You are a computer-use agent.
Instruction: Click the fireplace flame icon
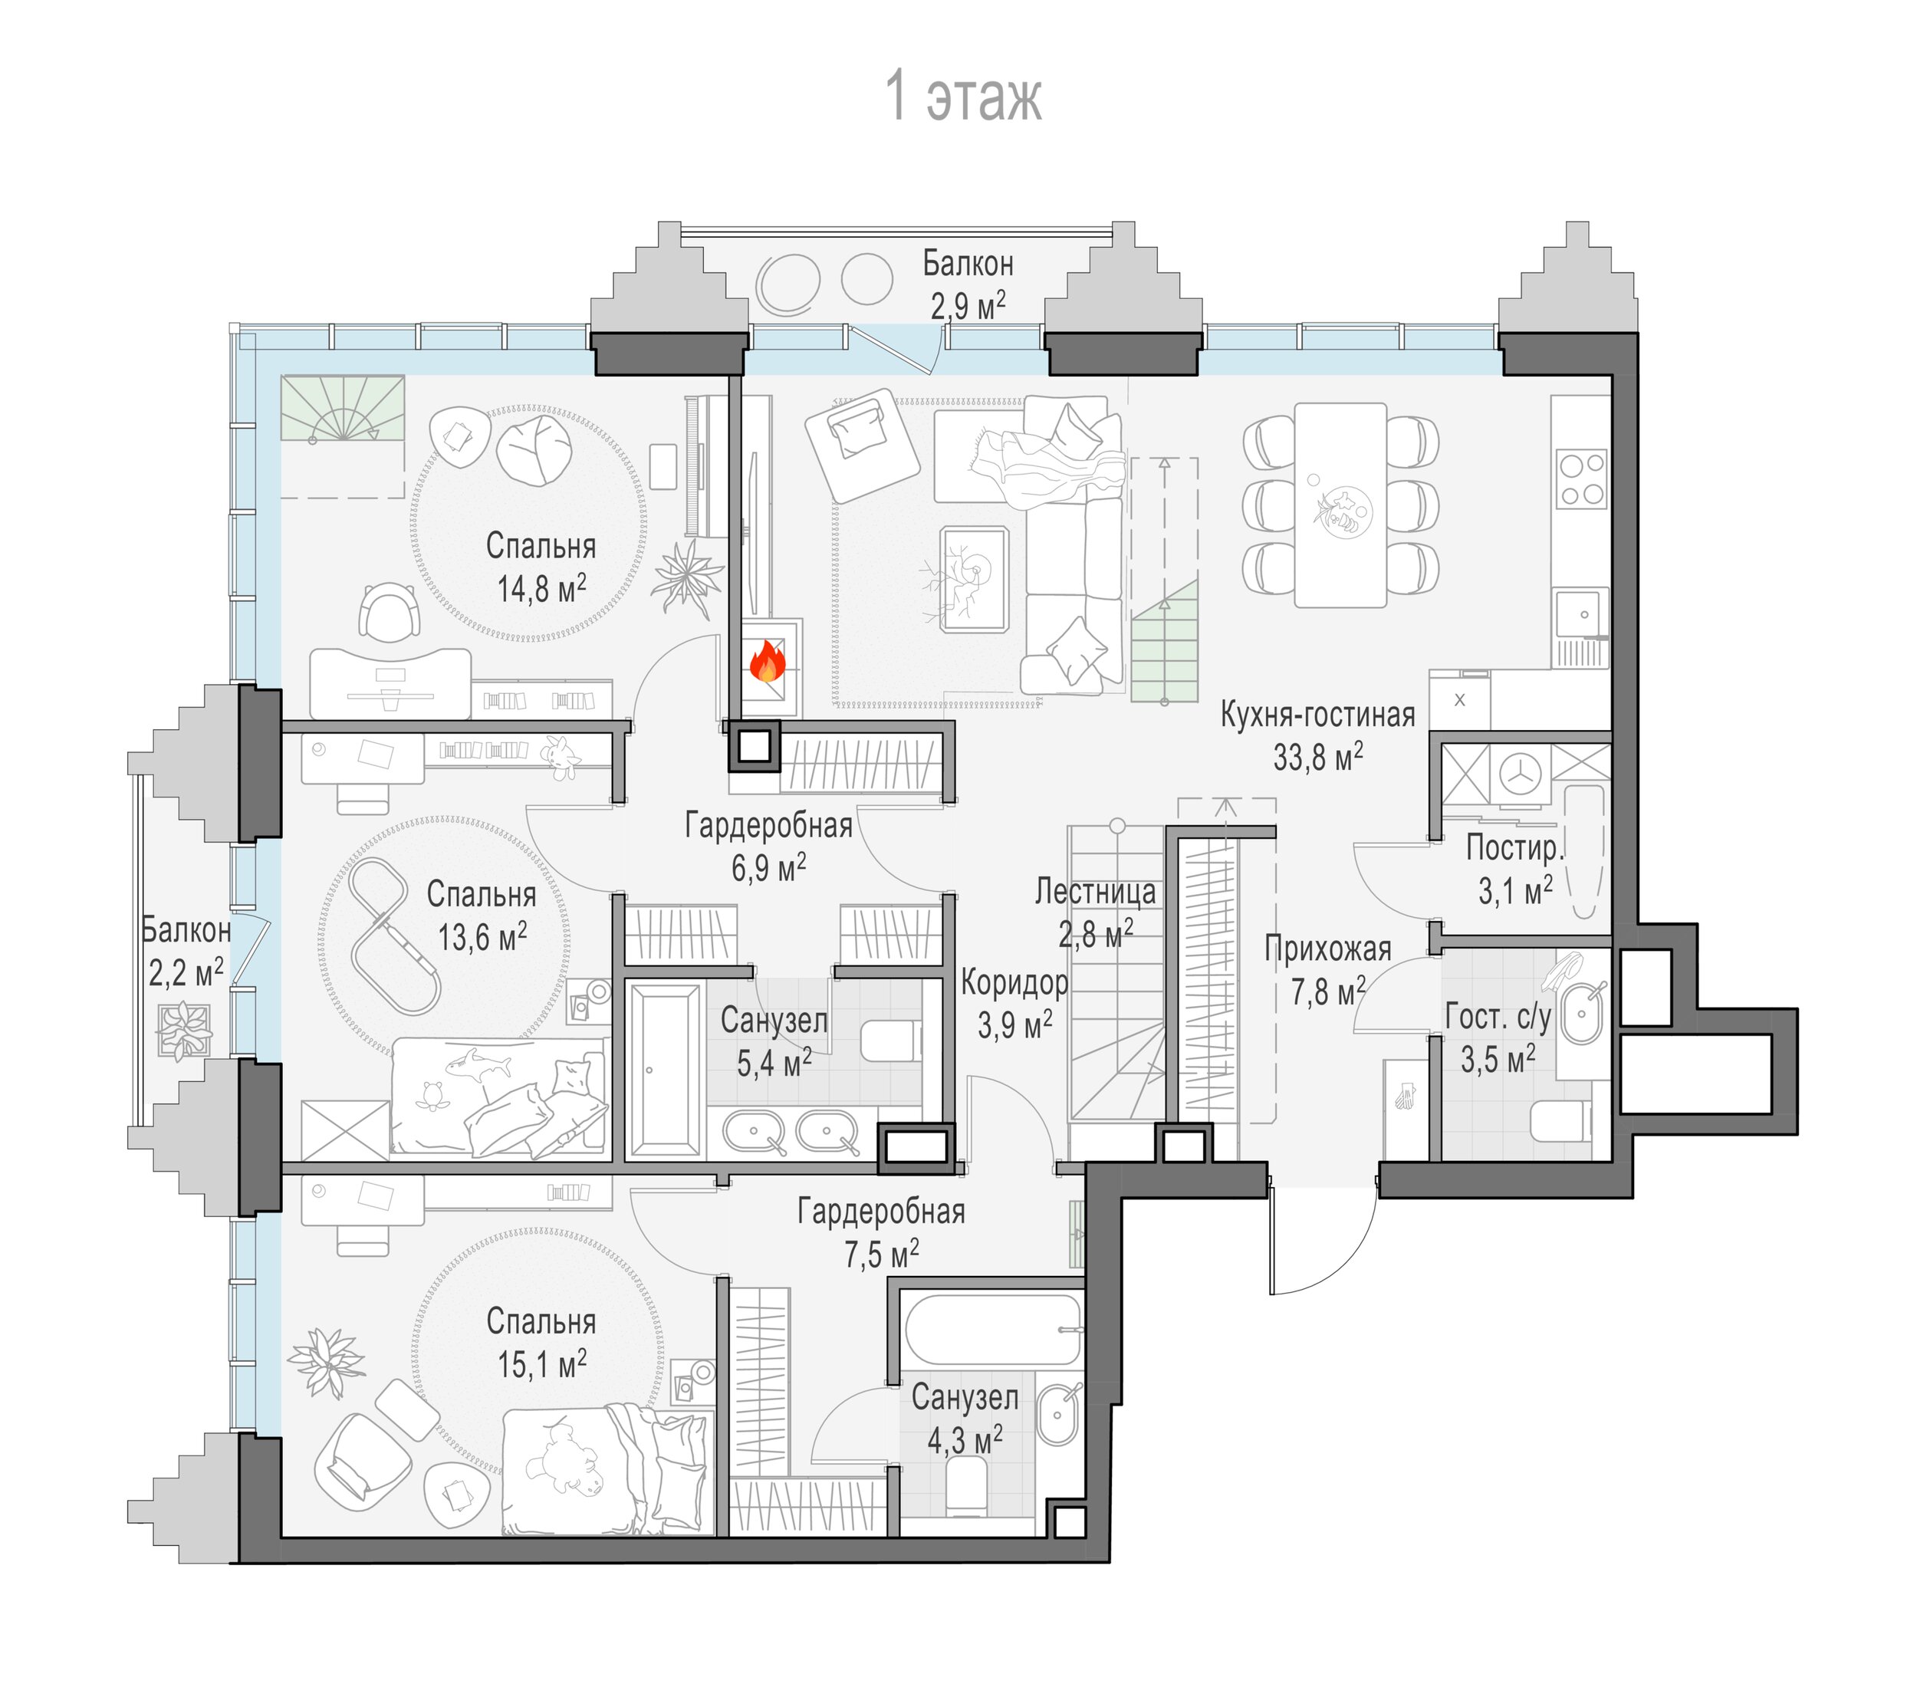767,661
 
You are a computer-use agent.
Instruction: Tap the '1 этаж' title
963,97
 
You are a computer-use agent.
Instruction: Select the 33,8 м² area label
1317,757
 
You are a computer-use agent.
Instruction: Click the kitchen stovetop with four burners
1581,479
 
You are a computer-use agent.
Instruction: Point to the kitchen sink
1580,614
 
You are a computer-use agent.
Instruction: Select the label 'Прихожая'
1327,949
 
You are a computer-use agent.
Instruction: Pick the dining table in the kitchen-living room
1340,505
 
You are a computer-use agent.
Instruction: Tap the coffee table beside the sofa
975,579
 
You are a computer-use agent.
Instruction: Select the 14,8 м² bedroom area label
541,589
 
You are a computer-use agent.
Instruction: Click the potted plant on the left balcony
184,1031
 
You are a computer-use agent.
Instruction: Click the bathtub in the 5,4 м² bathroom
664,1069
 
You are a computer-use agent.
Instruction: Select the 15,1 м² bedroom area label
541,1364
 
